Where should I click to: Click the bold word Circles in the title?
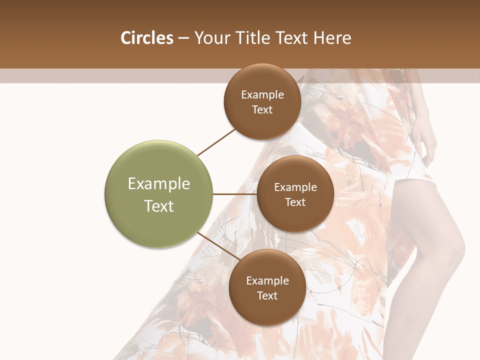pyautogui.click(x=146, y=38)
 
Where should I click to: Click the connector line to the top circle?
pyautogui.click(x=216, y=142)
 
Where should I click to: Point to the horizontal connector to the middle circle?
pyautogui.click(x=235, y=194)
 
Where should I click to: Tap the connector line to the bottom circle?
pyautogui.click(x=218, y=245)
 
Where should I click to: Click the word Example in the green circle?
pyautogui.click(x=159, y=184)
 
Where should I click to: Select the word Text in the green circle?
pyautogui.click(x=159, y=206)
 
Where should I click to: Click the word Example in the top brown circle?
pyautogui.click(x=262, y=95)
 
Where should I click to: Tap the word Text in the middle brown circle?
pyautogui.click(x=295, y=202)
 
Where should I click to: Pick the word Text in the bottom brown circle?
pyautogui.click(x=267, y=296)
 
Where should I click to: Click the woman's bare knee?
pyautogui.click(x=452, y=250)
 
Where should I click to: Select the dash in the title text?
pyautogui.click(x=183, y=38)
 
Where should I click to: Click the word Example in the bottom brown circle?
pyautogui.click(x=267, y=281)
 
